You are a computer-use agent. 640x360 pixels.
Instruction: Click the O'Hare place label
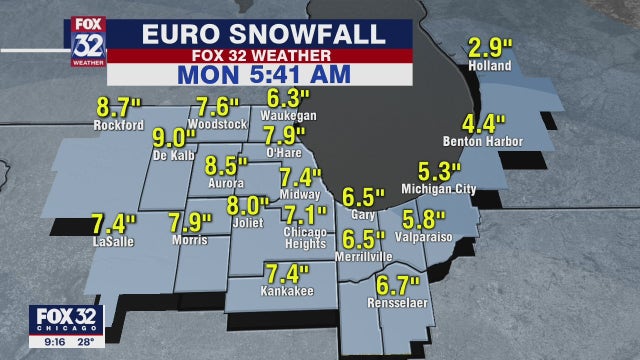point(284,152)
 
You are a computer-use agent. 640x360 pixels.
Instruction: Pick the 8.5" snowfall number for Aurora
point(226,166)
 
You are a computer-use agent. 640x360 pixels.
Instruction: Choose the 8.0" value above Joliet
point(247,207)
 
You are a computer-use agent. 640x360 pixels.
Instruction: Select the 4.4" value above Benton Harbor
point(484,126)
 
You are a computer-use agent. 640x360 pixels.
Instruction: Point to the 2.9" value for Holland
point(490,48)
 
